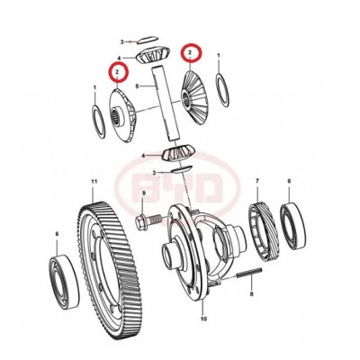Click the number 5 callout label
point(136,87)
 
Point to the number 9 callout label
point(140,217)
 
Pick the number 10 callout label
point(203,318)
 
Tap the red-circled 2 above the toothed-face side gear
point(189,54)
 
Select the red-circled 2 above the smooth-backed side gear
point(114,70)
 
